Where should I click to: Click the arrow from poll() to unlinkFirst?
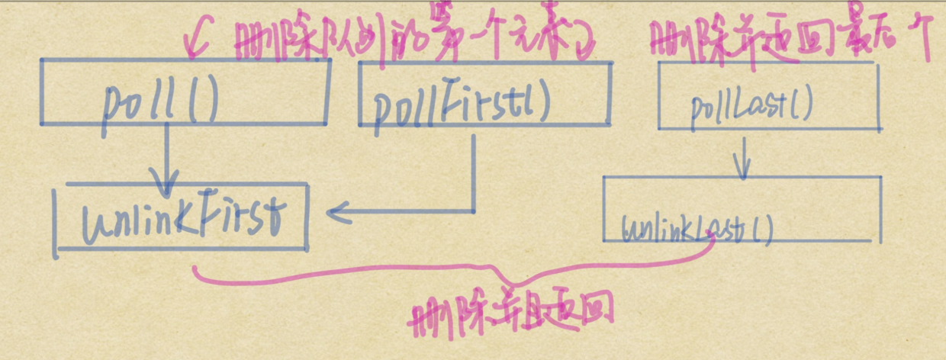(x=166, y=160)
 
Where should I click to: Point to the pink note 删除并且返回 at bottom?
(x=512, y=313)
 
